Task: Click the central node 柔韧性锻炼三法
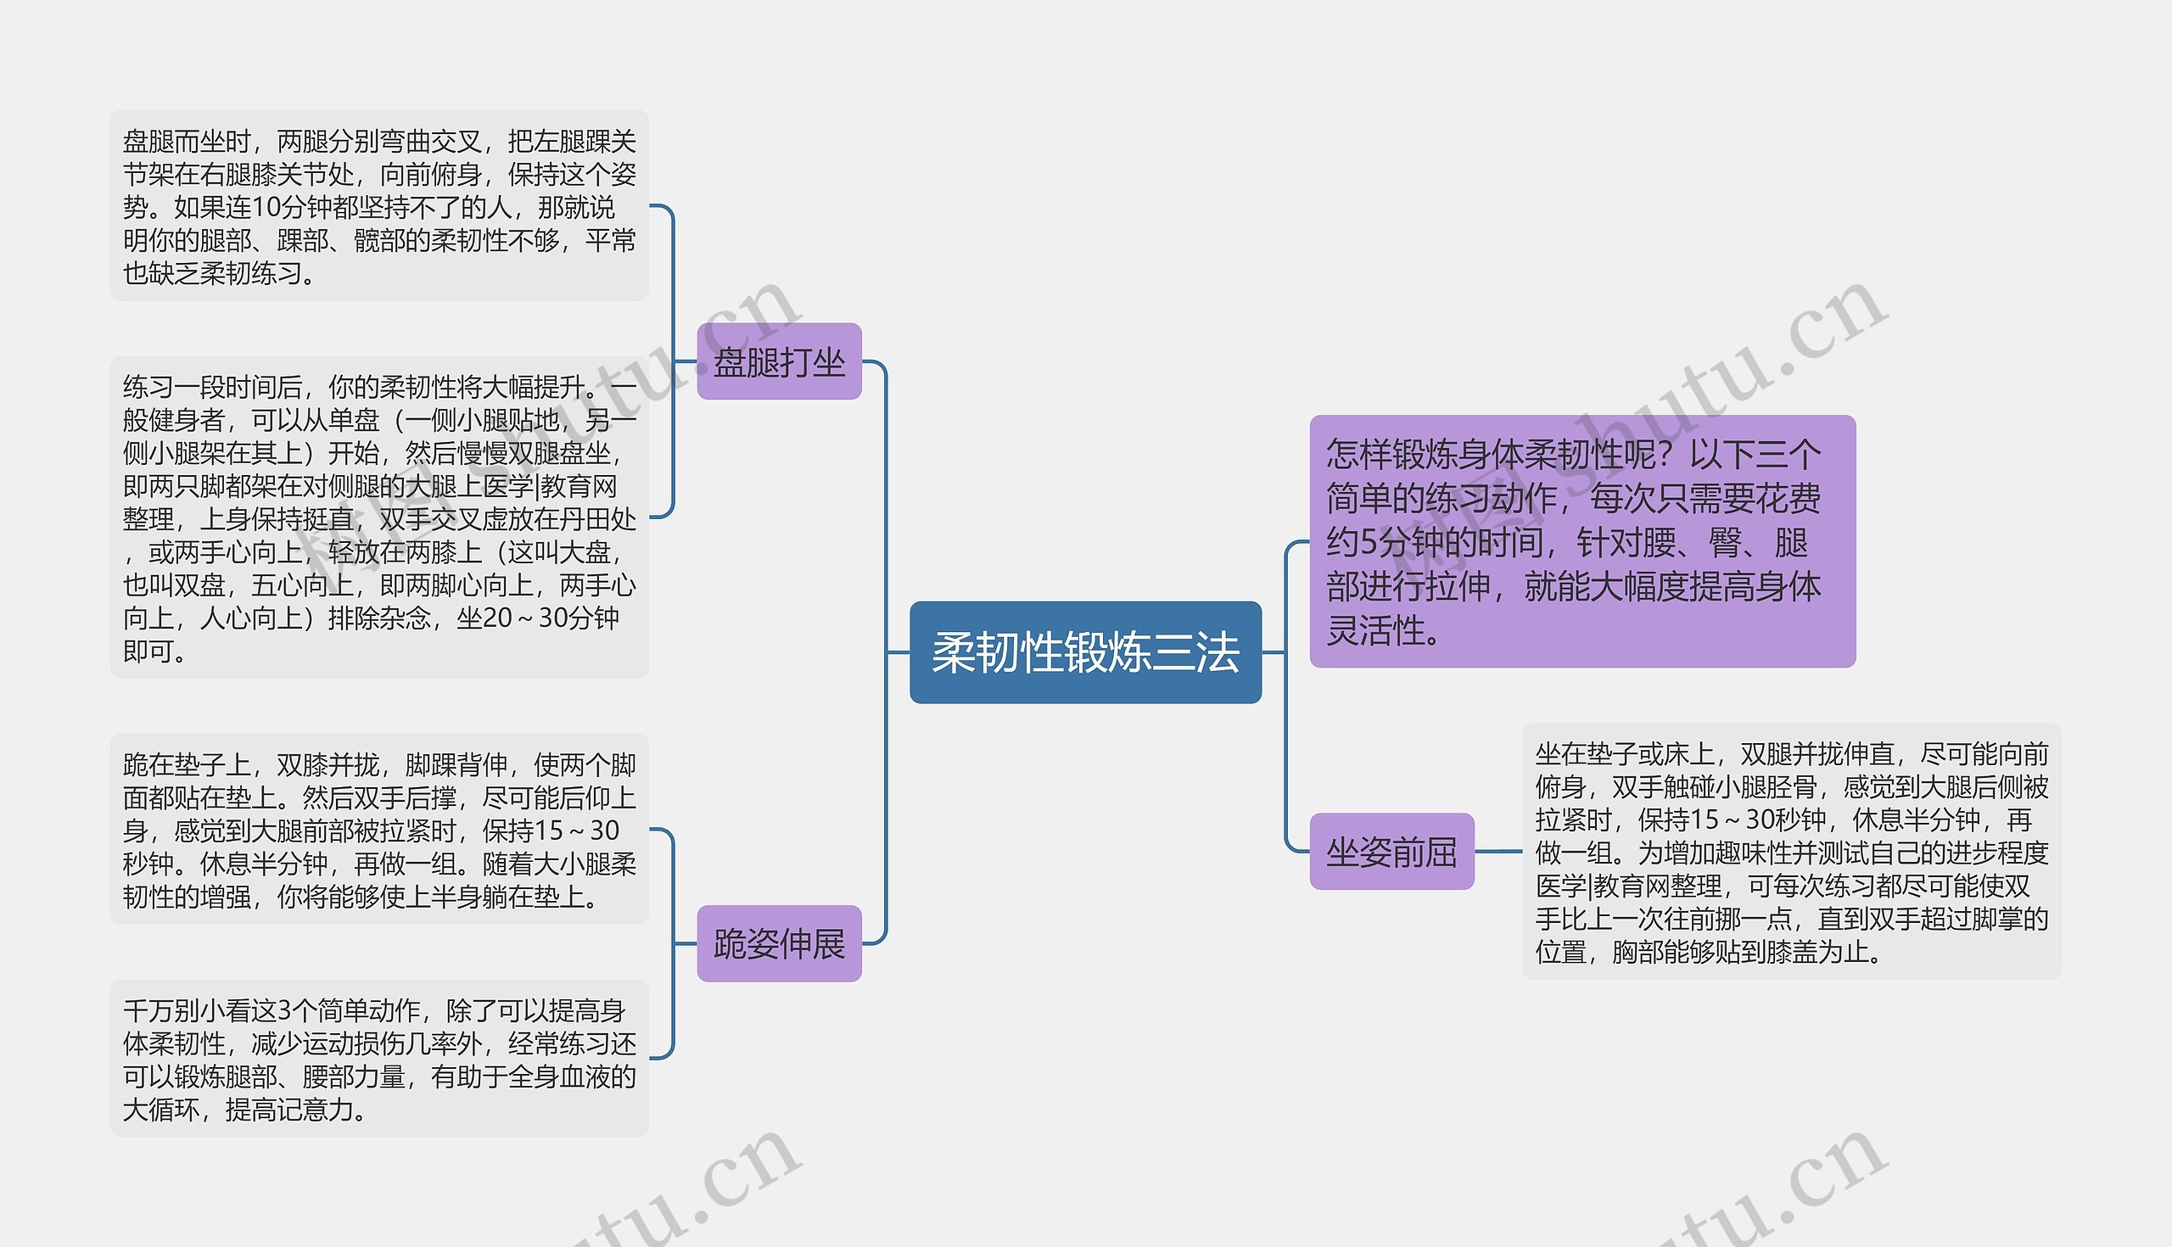1085,652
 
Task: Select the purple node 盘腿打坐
779,361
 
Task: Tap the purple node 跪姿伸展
779,944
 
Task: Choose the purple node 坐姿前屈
1391,852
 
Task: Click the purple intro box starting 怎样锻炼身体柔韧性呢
1581,541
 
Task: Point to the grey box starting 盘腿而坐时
378,205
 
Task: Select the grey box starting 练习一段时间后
378,517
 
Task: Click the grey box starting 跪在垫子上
378,829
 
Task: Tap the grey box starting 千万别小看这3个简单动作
378,1059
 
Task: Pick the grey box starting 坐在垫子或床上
1791,852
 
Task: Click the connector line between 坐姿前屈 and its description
1498,852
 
